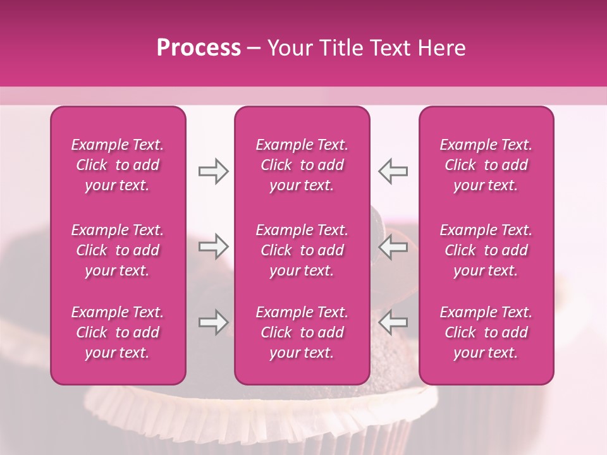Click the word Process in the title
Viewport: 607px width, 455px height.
pos(199,48)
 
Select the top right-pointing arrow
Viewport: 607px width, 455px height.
pos(214,171)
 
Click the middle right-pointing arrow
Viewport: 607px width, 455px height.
pos(214,246)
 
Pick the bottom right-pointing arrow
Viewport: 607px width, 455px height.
pos(214,323)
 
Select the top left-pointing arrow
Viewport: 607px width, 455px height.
pos(393,171)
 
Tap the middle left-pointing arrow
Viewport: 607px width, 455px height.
pos(393,246)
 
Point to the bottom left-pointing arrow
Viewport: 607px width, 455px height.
pos(393,323)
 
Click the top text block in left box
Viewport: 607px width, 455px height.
pos(118,165)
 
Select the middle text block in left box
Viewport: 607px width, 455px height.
pos(118,250)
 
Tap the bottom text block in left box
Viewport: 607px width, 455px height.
pos(118,332)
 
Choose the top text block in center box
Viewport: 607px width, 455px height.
pos(302,165)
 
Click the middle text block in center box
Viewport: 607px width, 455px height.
pos(302,250)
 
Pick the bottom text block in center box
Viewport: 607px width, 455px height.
pos(302,332)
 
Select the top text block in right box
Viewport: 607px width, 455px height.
pos(486,165)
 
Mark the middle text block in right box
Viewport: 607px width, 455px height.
pos(486,250)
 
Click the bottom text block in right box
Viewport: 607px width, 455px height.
pos(486,332)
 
